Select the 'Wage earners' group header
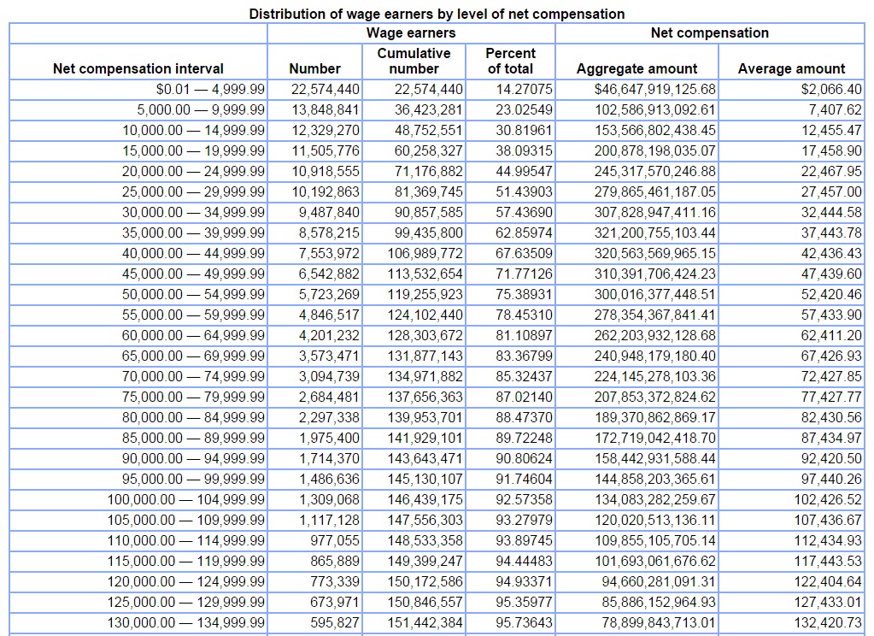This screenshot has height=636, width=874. pos(411,33)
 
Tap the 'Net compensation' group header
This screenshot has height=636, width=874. pos(710,33)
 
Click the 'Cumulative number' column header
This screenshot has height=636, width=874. pos(414,61)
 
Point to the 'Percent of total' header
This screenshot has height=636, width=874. pos(510,61)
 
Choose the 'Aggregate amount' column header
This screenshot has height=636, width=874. pos(636,68)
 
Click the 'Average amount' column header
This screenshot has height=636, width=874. pos(791,68)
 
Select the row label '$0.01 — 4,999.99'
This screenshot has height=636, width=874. pos(210,89)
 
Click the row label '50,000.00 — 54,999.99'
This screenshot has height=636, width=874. pos(193,295)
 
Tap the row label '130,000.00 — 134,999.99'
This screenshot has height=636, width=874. pos(186,622)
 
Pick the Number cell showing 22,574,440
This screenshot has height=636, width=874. pos(326,89)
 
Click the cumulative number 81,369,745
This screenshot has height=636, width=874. pos(429,192)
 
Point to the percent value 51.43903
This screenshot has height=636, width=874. pos(524,192)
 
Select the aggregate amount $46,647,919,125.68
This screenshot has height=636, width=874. pos(655,89)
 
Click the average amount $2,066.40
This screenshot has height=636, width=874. pos(831,89)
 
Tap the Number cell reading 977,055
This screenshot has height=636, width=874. pos(335,540)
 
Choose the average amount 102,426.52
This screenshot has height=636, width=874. pos(828,499)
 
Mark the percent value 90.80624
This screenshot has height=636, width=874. pos(524,458)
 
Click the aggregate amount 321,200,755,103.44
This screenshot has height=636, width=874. pos(655,233)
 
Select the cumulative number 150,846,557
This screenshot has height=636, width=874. pos(425,602)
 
